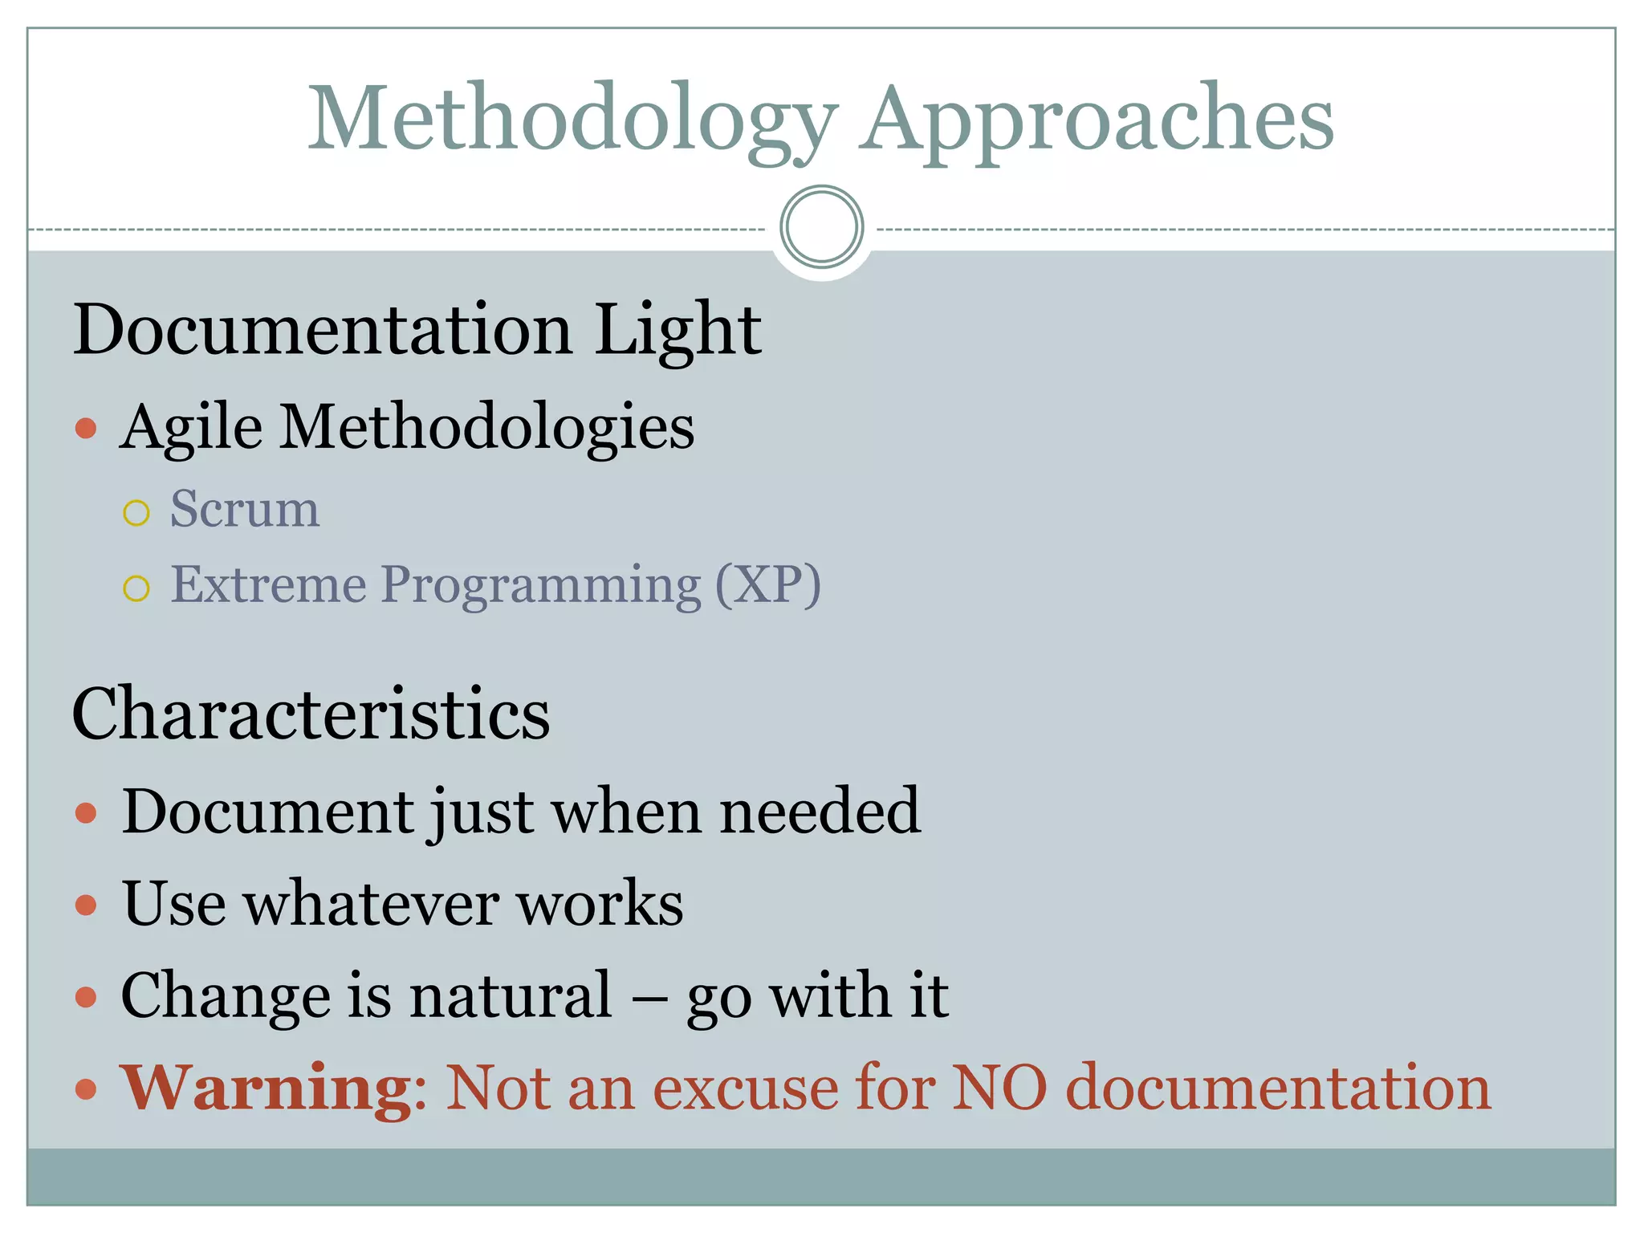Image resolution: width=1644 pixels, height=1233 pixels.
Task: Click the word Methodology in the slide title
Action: [572, 120]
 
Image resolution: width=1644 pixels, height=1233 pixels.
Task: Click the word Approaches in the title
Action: [1098, 120]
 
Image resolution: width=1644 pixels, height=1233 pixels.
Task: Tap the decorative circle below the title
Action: [821, 226]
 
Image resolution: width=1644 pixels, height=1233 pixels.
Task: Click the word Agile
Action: [191, 427]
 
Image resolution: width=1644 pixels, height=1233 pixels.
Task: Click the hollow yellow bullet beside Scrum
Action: [136, 513]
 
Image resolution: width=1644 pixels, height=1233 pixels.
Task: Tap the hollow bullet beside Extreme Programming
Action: [136, 588]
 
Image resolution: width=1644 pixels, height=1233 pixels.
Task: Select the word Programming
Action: [540, 586]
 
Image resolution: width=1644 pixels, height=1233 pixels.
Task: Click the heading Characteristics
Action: [311, 714]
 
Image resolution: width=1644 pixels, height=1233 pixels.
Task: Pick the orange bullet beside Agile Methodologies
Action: [86, 428]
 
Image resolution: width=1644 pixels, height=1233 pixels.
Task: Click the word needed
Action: [820, 812]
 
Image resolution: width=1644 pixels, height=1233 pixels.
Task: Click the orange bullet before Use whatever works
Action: [86, 905]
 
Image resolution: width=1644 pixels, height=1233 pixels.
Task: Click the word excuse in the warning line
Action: [745, 1089]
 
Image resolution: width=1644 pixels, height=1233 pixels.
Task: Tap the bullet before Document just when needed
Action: [86, 813]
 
